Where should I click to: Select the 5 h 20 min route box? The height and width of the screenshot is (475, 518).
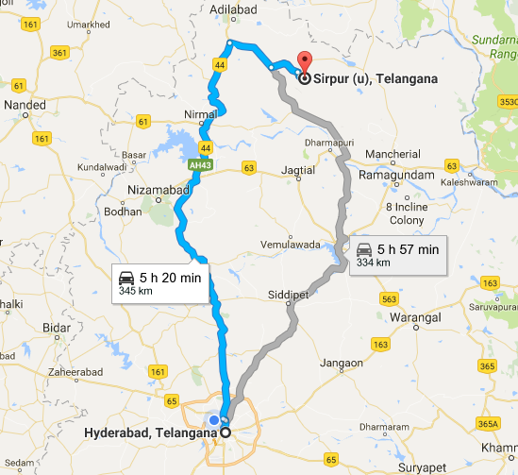click(159, 282)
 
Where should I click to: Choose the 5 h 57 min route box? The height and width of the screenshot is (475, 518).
click(397, 254)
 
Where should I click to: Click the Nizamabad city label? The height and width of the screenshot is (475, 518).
click(159, 190)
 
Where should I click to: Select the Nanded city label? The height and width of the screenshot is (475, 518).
click(25, 105)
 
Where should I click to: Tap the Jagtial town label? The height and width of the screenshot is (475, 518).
click(298, 170)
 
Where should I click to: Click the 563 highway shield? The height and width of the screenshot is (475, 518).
click(389, 298)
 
